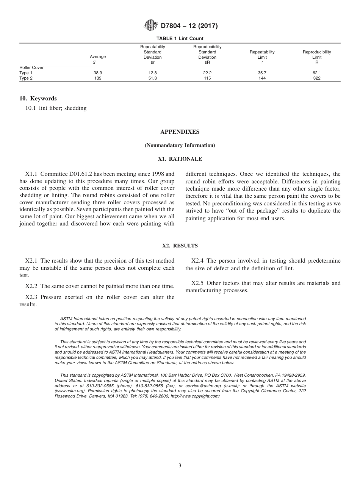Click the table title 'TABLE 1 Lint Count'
(x=180, y=38)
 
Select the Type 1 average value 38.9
(x=98, y=73)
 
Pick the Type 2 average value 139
(x=98, y=78)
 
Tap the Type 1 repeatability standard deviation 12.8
(x=153, y=73)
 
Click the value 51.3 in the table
(x=153, y=78)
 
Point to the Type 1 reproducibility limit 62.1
(x=317, y=73)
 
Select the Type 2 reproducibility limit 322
(x=317, y=78)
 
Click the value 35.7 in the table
(x=262, y=73)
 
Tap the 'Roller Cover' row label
(x=31, y=67)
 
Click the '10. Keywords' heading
(x=38, y=99)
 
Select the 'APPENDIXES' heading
(x=180, y=132)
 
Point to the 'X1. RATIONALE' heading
(x=180, y=159)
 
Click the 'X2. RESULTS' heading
(x=180, y=246)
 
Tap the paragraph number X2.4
(x=198, y=261)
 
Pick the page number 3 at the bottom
(x=180, y=466)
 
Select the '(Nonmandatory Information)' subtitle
(x=180, y=146)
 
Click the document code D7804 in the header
(x=172, y=26)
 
